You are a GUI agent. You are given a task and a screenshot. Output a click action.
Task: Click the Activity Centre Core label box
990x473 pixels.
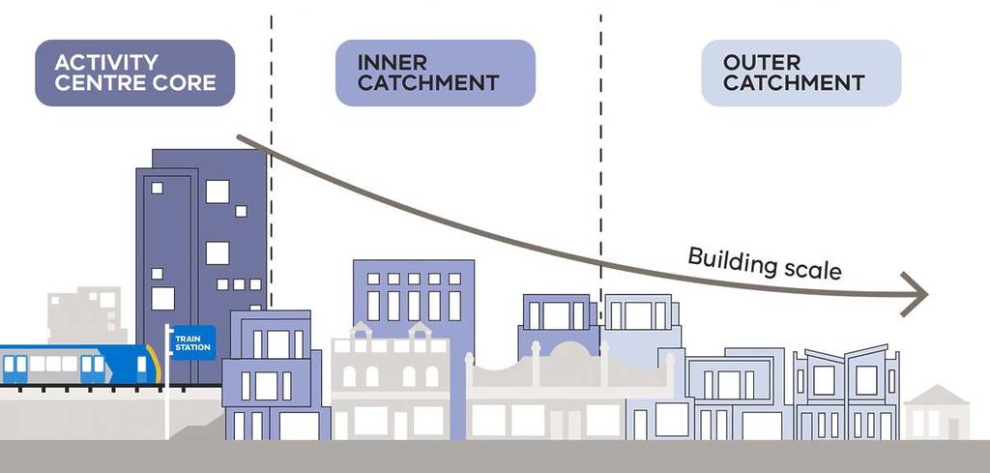[x=134, y=73]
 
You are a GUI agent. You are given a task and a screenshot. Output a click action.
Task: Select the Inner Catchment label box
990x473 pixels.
[x=435, y=73]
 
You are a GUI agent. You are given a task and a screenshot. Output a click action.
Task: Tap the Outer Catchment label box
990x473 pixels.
[x=801, y=73]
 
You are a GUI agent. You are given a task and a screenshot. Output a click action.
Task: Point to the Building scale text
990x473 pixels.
[x=764, y=262]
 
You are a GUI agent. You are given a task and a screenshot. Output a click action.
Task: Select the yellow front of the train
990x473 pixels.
[x=154, y=365]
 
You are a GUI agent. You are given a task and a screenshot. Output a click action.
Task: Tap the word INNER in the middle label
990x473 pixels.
[x=392, y=63]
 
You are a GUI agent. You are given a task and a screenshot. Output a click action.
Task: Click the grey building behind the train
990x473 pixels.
[x=85, y=314]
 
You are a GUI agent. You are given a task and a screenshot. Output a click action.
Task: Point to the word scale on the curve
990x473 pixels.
[x=809, y=269]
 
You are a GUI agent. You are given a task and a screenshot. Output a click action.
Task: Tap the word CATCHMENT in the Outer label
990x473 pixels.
[x=793, y=83]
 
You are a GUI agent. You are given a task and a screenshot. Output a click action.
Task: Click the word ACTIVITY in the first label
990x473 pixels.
[x=98, y=63]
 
